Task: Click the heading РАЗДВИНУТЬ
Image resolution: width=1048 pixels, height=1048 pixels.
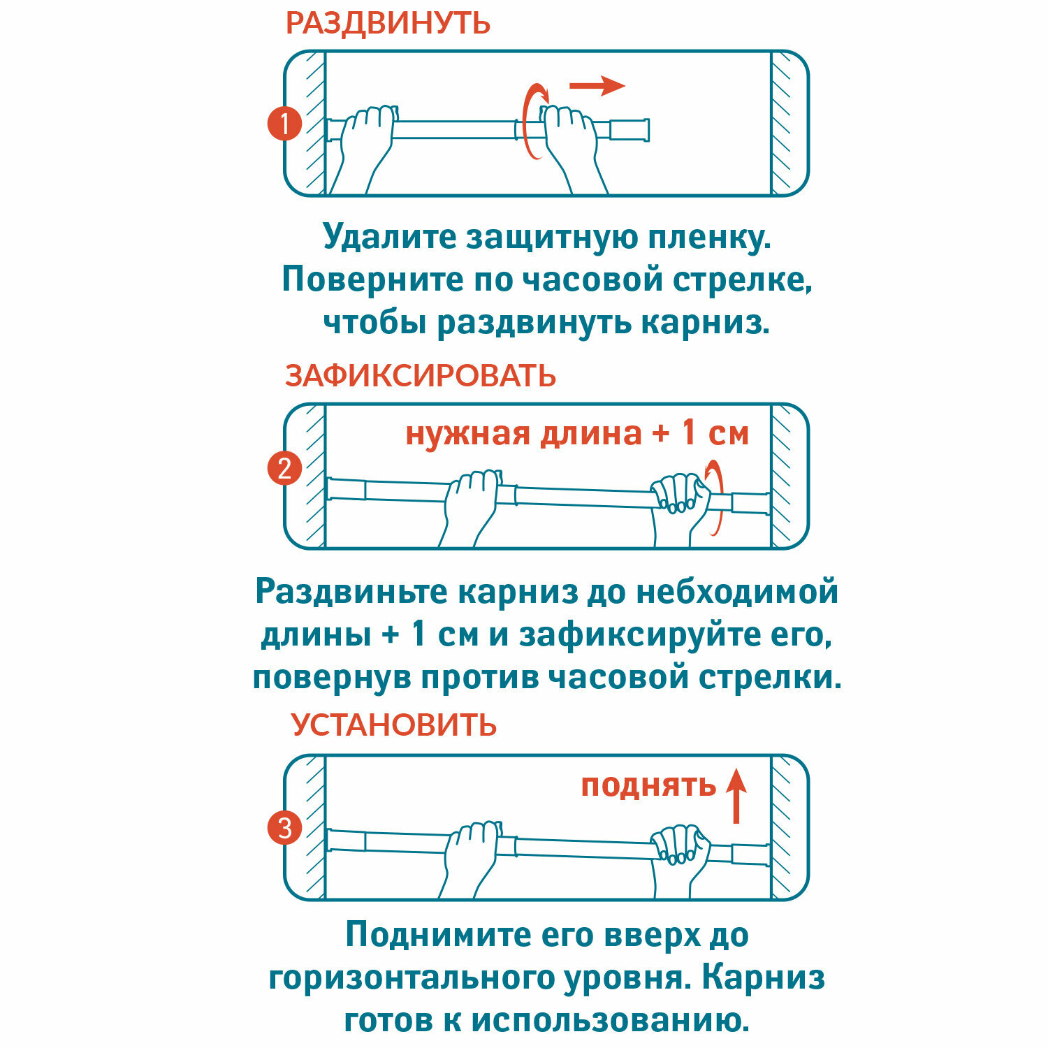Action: pos(388,23)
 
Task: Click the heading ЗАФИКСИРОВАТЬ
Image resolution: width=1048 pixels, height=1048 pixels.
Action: pos(420,376)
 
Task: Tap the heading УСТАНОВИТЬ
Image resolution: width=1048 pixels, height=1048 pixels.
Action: pos(393,725)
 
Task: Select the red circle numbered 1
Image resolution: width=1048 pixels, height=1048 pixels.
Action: pos(284,124)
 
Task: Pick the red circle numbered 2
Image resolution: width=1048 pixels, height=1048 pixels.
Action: pos(284,468)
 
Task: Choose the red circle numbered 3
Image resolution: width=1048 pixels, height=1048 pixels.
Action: pos(284,828)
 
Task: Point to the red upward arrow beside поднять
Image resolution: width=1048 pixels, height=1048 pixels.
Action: pos(736,796)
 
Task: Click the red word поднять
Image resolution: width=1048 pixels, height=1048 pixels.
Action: pos(648,786)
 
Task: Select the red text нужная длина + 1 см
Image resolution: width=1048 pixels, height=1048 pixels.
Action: pos(577,433)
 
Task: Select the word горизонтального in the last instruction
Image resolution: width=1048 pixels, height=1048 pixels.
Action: pos(411,977)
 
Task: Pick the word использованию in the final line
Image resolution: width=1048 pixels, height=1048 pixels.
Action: pos(609,1021)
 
